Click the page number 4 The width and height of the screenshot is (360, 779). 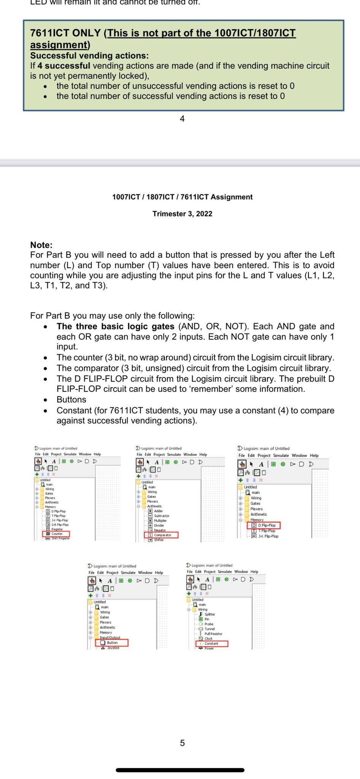[x=182, y=119]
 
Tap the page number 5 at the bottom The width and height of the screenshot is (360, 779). [x=182, y=743]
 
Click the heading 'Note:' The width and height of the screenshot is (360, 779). [x=41, y=245]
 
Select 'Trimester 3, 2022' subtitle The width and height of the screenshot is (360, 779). [x=182, y=214]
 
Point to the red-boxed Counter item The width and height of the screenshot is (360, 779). [x=57, y=534]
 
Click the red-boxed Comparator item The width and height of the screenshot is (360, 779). [x=162, y=535]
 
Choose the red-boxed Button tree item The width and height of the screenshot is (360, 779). [x=112, y=642]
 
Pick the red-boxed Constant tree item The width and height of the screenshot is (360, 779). [x=211, y=644]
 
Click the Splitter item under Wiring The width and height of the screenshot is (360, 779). [x=209, y=614]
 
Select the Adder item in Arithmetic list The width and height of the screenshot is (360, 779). [x=158, y=511]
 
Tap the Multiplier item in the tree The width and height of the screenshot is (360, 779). [x=160, y=520]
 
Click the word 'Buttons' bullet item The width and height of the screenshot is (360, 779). [x=71, y=400]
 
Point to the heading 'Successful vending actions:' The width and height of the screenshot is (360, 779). [x=89, y=56]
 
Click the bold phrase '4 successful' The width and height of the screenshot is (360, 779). [x=64, y=66]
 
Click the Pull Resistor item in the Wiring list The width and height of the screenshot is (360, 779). [x=213, y=634]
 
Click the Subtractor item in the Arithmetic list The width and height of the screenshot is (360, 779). [x=162, y=516]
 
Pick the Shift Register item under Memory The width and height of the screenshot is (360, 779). [x=60, y=538]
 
